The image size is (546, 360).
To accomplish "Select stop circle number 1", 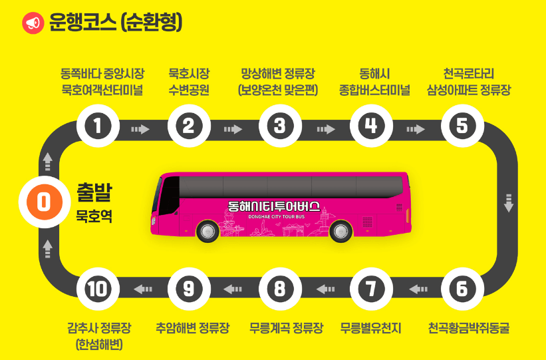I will (x=98, y=126).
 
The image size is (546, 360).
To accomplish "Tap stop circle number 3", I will (x=280, y=126).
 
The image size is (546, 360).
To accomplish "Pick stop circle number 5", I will (x=462, y=126).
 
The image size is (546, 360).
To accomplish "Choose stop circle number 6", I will (x=462, y=289).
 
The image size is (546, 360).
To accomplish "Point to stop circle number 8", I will (x=280, y=289).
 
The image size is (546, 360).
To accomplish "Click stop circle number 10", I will (x=98, y=289).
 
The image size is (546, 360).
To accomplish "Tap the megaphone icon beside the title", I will (x=32, y=23).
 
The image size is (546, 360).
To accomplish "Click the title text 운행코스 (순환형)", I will (x=115, y=23).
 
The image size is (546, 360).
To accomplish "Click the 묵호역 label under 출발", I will (x=94, y=216).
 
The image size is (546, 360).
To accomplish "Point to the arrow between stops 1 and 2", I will (x=141, y=129).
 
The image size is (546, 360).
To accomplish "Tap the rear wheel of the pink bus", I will (x=341, y=232).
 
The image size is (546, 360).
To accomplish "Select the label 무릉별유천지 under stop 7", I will (x=371, y=327).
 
